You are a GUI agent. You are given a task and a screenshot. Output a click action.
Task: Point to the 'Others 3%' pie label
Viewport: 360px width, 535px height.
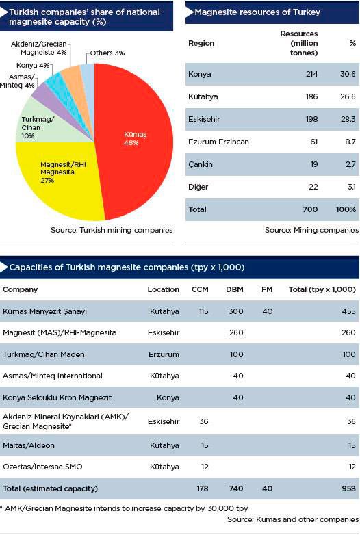(x=107, y=53)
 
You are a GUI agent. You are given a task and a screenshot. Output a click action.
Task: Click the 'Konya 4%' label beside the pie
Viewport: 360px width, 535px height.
(x=33, y=65)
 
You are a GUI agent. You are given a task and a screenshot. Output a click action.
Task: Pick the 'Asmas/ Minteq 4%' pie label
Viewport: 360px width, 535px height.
(x=17, y=81)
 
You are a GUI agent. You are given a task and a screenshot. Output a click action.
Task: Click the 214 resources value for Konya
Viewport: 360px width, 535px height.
(x=311, y=74)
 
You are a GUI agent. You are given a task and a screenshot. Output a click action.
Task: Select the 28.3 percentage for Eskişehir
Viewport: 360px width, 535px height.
(x=348, y=119)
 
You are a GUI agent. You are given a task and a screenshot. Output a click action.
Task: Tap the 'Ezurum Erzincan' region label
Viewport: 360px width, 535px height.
(x=218, y=142)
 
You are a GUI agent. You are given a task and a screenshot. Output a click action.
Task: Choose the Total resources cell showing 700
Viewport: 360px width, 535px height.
(x=310, y=209)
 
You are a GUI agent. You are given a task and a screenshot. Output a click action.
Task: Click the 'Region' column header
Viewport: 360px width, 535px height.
(x=201, y=43)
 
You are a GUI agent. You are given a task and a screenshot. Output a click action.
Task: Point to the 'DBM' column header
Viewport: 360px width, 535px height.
(x=235, y=289)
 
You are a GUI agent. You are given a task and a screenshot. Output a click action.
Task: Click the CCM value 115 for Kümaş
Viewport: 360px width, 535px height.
(x=204, y=311)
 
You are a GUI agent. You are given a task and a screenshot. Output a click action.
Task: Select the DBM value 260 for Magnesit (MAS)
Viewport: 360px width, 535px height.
(x=236, y=332)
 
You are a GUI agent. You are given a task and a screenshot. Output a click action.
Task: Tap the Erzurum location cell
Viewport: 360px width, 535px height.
(x=164, y=354)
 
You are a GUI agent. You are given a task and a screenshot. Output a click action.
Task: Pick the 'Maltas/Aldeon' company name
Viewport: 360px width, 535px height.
(x=29, y=445)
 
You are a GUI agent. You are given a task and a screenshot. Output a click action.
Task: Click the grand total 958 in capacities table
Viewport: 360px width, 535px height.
(x=348, y=488)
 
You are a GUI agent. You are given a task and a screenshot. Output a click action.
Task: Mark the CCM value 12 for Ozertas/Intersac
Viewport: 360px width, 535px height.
(x=205, y=467)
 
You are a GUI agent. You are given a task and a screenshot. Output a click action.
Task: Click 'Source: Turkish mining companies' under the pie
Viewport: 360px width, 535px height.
(x=112, y=230)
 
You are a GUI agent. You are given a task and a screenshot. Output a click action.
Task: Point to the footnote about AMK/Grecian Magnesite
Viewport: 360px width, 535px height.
(x=124, y=508)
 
